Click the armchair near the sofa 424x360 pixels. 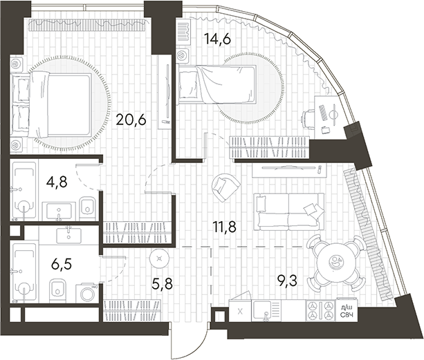(226, 184)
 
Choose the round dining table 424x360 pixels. (336, 263)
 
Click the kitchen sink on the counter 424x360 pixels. (265, 311)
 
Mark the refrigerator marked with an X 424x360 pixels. (239, 311)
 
